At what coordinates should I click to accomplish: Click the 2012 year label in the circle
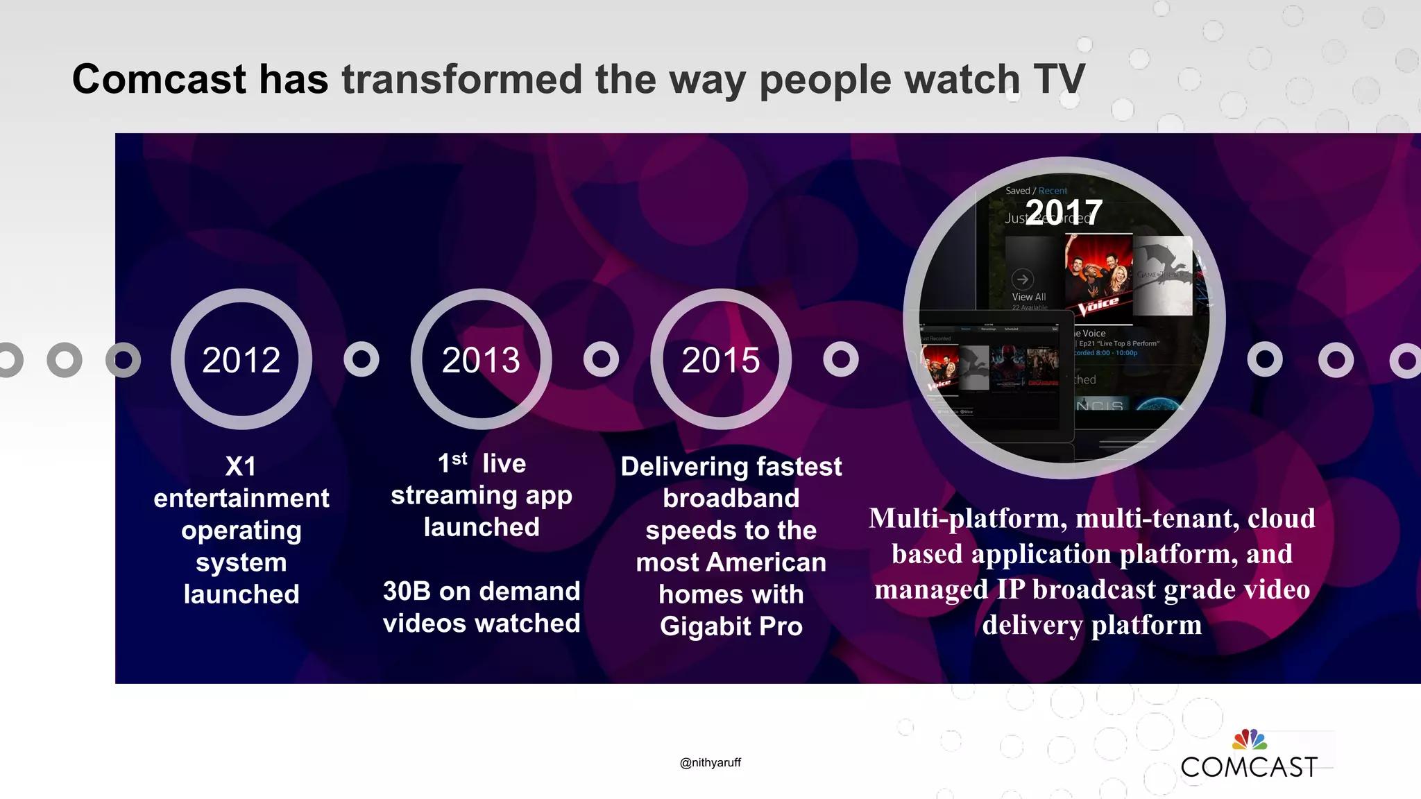241,360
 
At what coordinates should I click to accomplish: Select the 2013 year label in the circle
481,360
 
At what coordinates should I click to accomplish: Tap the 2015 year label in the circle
721,360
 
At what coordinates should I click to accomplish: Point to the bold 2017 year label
1064,212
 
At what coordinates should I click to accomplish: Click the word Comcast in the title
160,79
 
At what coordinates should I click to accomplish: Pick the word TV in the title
1059,79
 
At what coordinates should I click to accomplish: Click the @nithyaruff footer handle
710,762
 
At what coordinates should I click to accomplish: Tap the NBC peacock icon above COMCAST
1250,739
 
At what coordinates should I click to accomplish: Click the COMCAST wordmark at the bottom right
1249,767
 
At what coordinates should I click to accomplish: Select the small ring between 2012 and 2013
361,359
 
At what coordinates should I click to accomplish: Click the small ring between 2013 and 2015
601,359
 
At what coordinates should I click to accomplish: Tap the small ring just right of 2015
841,359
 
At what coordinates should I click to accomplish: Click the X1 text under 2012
241,466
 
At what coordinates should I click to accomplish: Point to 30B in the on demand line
407,592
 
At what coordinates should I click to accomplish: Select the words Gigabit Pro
731,626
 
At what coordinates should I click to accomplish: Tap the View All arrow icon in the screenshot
1022,280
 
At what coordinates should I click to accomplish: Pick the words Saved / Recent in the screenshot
1036,191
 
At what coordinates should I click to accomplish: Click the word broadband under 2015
731,498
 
